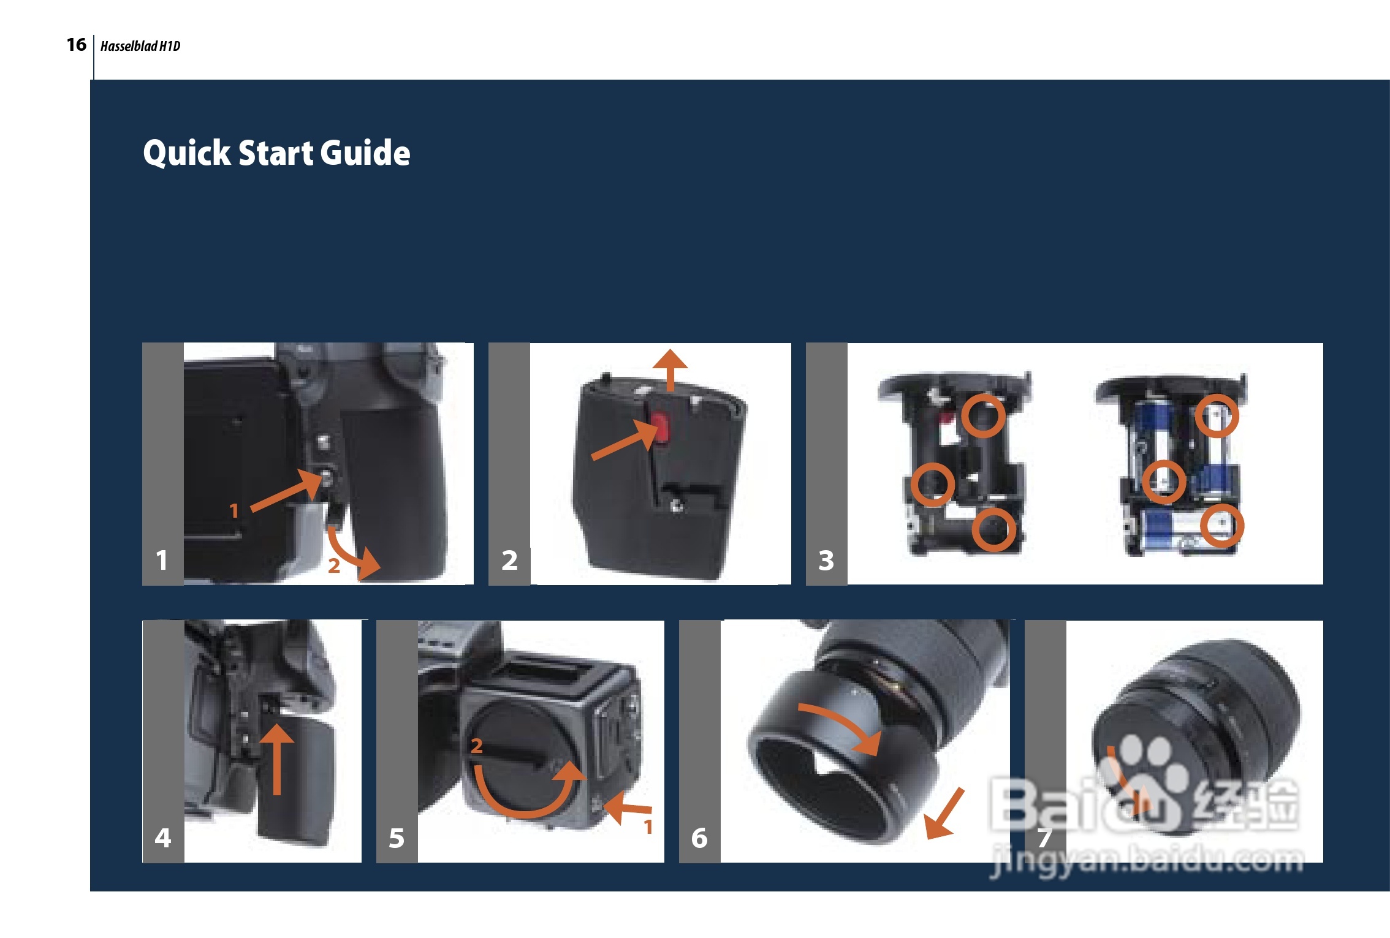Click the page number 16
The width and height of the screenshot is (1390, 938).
coord(77,45)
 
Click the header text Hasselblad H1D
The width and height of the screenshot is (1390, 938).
coord(140,46)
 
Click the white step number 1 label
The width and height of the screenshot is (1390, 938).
coord(162,560)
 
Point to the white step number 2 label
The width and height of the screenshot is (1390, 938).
coord(509,560)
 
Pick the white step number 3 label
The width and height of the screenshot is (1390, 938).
coord(826,560)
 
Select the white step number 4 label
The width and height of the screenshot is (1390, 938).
coord(163,838)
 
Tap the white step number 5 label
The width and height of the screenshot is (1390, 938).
coord(397,838)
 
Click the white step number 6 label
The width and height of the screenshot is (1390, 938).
coord(699,838)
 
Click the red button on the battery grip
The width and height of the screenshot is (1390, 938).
coord(660,427)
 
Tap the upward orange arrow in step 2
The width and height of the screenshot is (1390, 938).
coord(670,369)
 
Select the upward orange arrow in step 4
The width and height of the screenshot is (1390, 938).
coord(277,760)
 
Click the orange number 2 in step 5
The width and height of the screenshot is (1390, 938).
coord(476,746)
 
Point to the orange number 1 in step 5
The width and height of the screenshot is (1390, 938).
coord(648,827)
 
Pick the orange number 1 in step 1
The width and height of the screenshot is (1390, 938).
coord(234,510)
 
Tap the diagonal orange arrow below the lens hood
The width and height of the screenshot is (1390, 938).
coord(944,814)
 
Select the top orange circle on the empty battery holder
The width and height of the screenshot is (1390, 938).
coord(983,416)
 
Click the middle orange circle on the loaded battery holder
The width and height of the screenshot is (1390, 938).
coord(1164,482)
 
